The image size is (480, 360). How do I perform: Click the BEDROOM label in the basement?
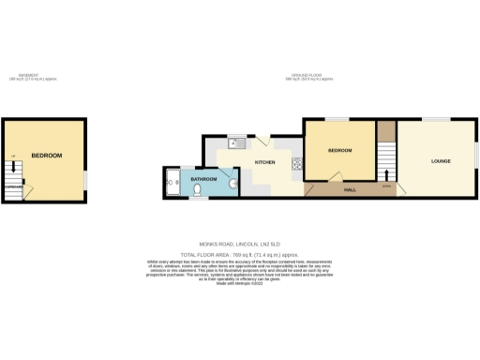click(47, 155)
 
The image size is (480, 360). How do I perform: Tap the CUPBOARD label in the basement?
click(13, 186)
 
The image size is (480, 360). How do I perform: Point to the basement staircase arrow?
click(13, 169)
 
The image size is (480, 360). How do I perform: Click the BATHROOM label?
click(204, 178)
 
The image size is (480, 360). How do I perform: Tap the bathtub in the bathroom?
click(172, 182)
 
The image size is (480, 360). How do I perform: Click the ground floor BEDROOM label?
click(339, 151)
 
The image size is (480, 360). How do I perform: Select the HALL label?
click(350, 190)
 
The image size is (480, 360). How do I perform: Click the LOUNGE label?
click(441, 161)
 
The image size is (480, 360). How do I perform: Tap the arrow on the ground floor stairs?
click(387, 173)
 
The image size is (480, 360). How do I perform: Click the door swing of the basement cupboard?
click(28, 191)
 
